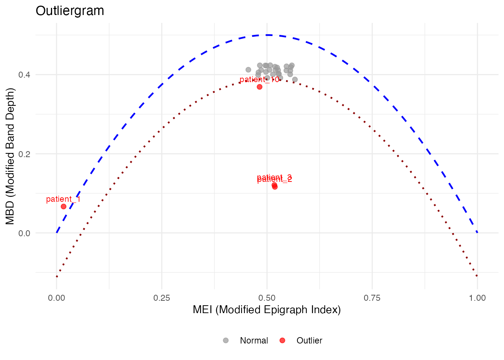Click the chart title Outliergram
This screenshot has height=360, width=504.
[x=70, y=11]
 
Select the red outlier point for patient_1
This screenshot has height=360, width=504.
[x=63, y=207]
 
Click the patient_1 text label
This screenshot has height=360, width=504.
[x=63, y=199]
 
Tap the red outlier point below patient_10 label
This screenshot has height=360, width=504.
[x=259, y=87]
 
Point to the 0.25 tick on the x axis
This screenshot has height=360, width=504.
[x=162, y=298]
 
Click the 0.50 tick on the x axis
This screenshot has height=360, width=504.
[x=267, y=298]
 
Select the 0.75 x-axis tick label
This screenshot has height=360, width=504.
[x=372, y=298]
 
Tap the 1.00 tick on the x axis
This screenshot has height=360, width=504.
[x=477, y=298]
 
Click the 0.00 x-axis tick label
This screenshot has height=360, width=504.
[x=57, y=298]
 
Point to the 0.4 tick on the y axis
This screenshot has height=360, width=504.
[x=24, y=75]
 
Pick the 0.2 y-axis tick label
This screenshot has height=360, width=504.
[x=24, y=154]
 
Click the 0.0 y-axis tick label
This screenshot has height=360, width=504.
[x=24, y=233]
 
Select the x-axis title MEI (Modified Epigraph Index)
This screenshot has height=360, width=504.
[x=267, y=310]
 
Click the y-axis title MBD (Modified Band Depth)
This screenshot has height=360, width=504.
[x=10, y=156]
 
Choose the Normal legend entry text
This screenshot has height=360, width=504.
[x=254, y=340]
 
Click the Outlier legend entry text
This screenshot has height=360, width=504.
[x=309, y=340]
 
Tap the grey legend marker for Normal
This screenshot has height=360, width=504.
[x=226, y=340]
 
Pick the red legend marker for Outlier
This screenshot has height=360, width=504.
[x=282, y=340]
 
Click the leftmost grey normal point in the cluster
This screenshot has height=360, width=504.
[x=248, y=70]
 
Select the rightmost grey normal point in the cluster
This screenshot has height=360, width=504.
[x=295, y=79]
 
